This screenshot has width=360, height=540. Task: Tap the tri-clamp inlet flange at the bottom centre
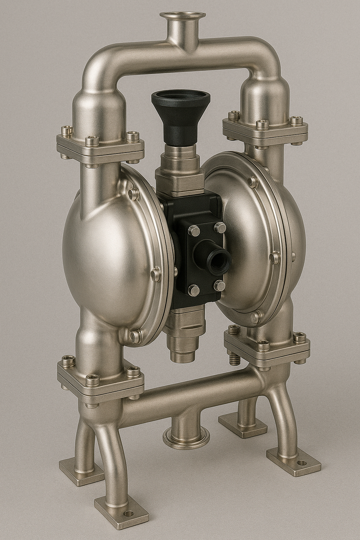[186, 437]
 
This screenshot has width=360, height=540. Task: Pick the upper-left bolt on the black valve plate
[194, 231]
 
